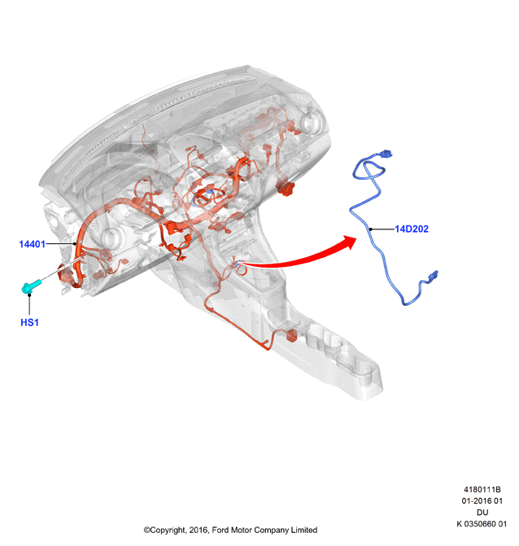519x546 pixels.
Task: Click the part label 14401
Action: [x=32, y=244]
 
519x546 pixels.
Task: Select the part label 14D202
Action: [x=412, y=229]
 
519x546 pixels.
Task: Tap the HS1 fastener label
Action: [x=29, y=322]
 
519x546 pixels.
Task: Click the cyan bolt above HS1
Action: [x=31, y=286]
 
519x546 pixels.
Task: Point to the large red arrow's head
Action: [x=348, y=242]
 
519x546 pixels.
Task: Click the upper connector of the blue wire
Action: [x=386, y=154]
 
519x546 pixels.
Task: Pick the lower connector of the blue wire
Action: [x=434, y=275]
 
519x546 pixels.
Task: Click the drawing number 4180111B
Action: [x=482, y=489]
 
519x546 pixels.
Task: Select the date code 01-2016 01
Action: [x=482, y=500]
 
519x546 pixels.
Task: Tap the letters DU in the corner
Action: [x=482, y=512]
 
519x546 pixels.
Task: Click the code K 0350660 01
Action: [x=482, y=524]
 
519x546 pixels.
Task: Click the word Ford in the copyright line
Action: [x=220, y=530]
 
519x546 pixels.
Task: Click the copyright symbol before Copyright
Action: [x=147, y=530]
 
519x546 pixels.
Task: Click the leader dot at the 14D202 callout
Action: [x=371, y=229]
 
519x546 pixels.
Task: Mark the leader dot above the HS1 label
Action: [x=29, y=295]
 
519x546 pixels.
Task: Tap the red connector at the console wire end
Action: [x=291, y=335]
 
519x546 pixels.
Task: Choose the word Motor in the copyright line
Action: [x=242, y=530]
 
